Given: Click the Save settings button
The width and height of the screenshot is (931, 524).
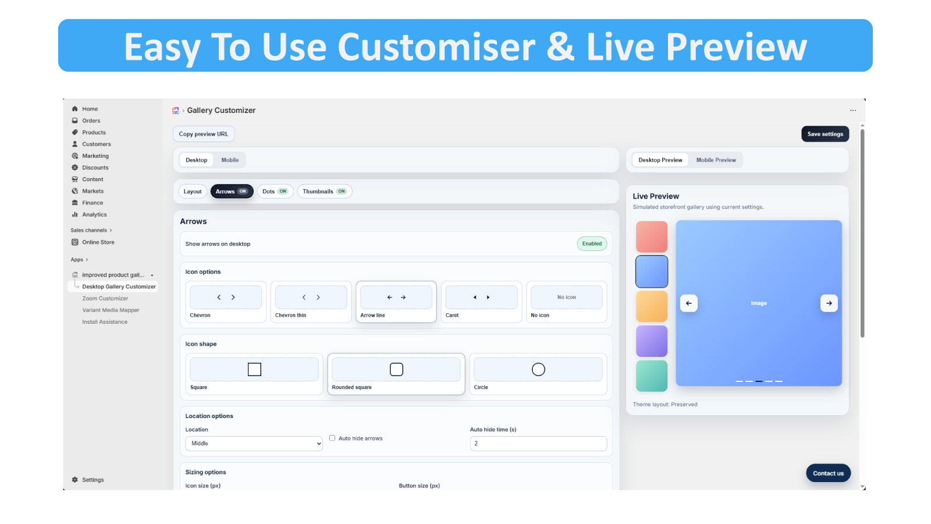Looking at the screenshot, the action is click(x=825, y=134).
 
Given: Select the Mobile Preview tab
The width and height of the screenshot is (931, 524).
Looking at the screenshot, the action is click(x=716, y=160).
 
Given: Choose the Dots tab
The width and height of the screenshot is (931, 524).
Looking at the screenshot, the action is click(x=275, y=192).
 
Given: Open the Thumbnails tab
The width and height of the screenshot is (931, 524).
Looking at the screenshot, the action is click(x=325, y=192).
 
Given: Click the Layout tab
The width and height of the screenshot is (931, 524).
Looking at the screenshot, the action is click(x=193, y=192).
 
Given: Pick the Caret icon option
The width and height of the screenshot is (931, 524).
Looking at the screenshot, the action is click(x=481, y=302).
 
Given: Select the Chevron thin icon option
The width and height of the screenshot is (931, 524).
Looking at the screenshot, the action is click(x=311, y=302).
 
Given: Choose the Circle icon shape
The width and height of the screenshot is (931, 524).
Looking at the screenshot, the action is click(x=538, y=374).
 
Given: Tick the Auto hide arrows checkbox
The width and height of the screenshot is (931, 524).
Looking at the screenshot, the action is click(x=332, y=438).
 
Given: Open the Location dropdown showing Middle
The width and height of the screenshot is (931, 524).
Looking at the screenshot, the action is click(x=254, y=443).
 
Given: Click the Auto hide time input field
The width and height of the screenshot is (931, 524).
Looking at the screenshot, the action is click(x=538, y=443).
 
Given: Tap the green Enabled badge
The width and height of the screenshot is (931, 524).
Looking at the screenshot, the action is click(x=592, y=244).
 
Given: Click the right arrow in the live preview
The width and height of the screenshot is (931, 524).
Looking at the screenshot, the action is click(x=829, y=303).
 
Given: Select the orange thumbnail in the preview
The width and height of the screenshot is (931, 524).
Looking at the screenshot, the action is click(x=652, y=306).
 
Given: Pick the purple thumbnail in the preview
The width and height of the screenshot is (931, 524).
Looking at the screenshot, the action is click(x=652, y=341).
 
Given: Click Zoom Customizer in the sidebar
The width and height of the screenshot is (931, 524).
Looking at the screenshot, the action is click(x=105, y=298).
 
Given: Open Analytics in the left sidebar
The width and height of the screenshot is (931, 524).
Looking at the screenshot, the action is click(x=94, y=215).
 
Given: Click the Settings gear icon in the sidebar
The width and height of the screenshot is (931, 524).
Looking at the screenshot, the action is click(x=75, y=480).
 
